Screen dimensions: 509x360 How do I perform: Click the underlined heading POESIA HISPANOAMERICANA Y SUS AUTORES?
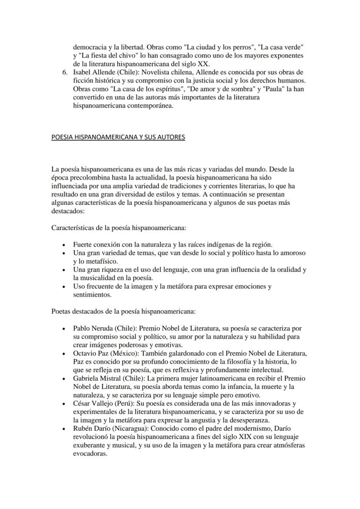(118, 137)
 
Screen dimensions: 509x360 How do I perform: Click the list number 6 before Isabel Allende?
(65, 72)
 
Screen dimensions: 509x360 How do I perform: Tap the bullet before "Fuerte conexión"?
(64, 245)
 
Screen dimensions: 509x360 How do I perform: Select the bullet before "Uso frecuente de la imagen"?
(64, 287)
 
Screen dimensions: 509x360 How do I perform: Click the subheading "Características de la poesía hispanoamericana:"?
(119, 227)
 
